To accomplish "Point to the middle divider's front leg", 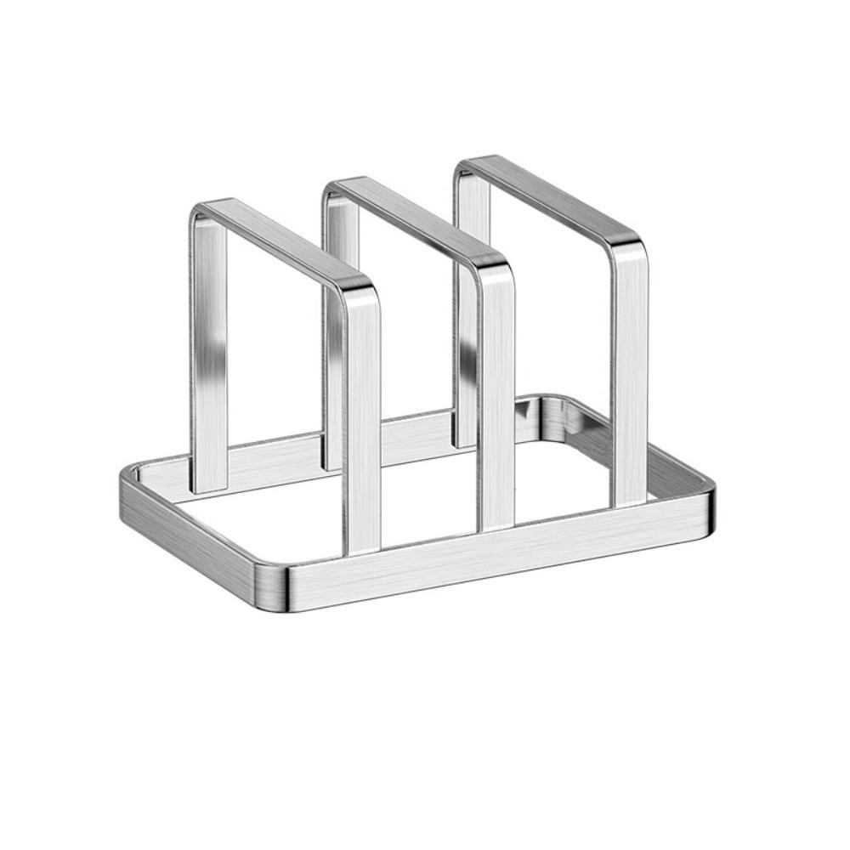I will coord(496,399).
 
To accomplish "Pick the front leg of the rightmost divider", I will coord(629,374).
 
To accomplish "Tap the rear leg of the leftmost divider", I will coord(209,357).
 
